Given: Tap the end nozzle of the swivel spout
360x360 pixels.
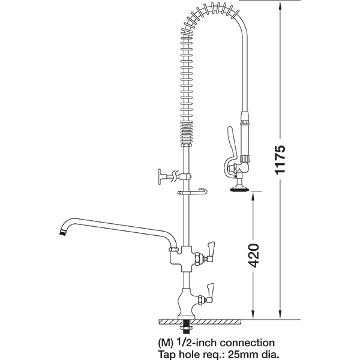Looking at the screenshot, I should (x=61, y=230).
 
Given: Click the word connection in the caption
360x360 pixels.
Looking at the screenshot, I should (x=247, y=343).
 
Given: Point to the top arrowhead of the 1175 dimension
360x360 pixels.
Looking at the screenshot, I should (x=280, y=5).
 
